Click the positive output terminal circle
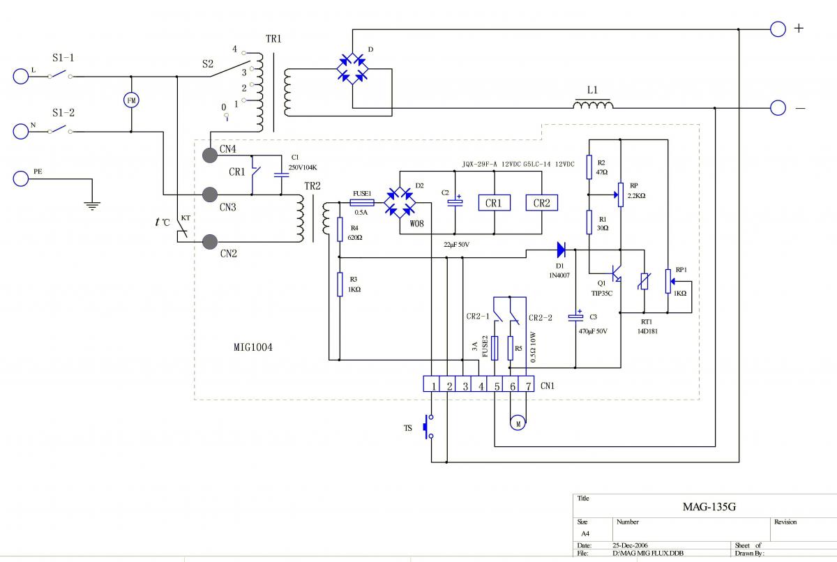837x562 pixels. click(x=778, y=29)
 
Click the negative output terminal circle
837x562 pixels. click(x=778, y=107)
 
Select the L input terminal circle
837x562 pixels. click(x=21, y=76)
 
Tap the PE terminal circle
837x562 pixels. click(x=21, y=179)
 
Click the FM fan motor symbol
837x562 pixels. click(x=131, y=100)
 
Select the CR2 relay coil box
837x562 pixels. click(x=542, y=203)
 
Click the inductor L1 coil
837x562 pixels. click(x=594, y=105)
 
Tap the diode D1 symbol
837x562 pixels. click(x=561, y=249)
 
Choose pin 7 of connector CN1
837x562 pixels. click(x=528, y=386)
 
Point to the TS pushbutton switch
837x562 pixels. click(x=428, y=427)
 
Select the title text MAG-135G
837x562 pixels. click(x=709, y=507)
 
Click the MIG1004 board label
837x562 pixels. click(x=253, y=347)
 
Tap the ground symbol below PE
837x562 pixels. click(x=92, y=204)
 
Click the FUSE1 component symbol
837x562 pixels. click(x=362, y=202)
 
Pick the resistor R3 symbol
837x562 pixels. click(x=340, y=284)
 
